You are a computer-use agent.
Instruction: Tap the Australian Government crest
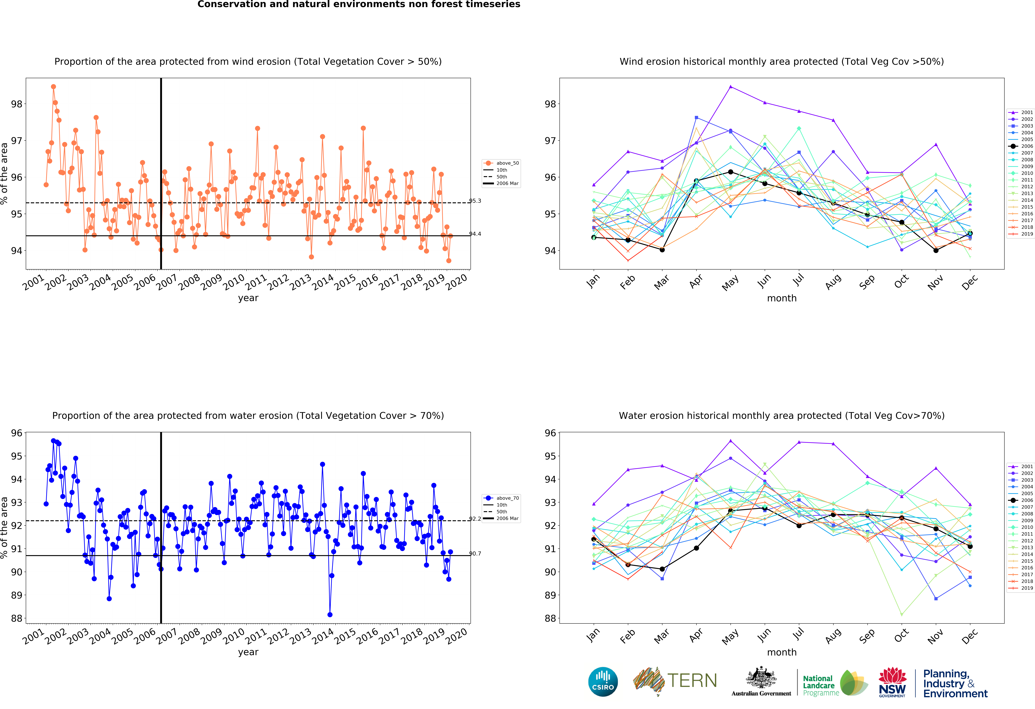(x=761, y=678)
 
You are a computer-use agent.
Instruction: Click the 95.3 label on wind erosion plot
(x=475, y=201)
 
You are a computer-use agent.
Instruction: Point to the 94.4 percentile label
(x=475, y=234)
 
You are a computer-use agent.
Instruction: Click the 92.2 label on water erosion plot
(x=475, y=519)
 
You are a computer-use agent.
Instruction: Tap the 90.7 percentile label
(x=475, y=554)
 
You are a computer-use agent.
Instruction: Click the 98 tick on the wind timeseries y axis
(x=16, y=104)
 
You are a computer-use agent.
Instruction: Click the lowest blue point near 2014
(x=330, y=615)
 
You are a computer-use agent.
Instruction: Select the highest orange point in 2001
(x=53, y=87)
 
